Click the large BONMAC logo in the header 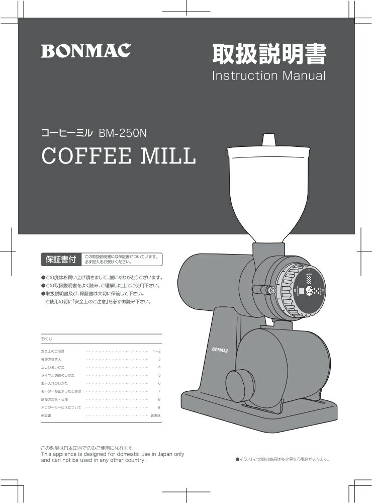coord(86,51)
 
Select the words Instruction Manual coord(268,76)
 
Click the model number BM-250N coord(122,134)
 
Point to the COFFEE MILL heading coord(118,156)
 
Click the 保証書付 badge coord(61,260)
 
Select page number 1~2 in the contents coord(156,351)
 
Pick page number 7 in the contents coord(159,391)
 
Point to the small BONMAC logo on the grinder coord(219,349)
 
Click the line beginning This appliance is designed coord(112,454)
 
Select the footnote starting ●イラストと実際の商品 coord(282,459)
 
